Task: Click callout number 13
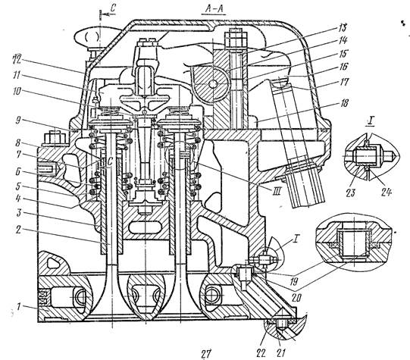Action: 342,28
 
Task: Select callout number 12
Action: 17,59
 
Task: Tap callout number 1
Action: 18,306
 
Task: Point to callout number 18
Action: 344,104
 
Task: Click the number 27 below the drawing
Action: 206,354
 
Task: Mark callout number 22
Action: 261,353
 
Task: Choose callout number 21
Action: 280,353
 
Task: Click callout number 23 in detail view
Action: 350,193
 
